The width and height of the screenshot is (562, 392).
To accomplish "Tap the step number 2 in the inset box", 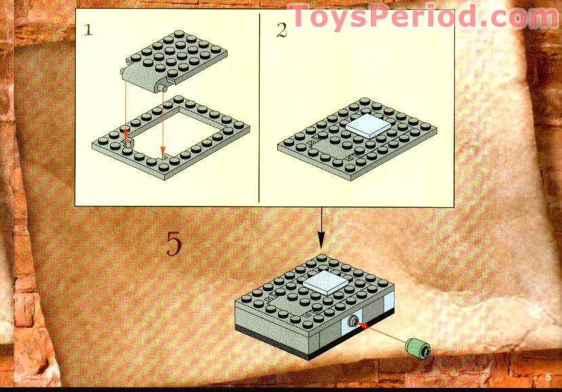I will click(x=281, y=30).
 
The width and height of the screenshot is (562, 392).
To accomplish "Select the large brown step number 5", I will click(x=174, y=244).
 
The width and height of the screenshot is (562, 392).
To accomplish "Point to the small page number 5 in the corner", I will click(x=548, y=376).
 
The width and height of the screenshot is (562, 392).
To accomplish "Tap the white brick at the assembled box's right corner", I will click(x=387, y=309).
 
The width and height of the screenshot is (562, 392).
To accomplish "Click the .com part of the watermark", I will click(x=515, y=17).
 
